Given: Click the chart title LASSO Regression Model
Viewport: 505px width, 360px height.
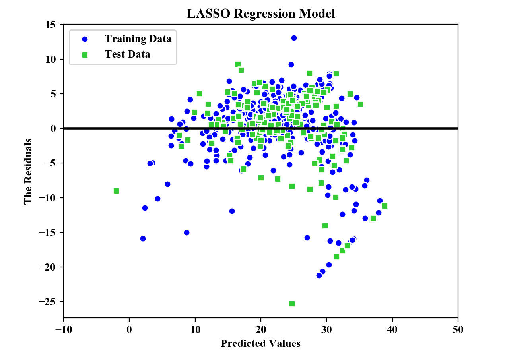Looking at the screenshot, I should click(x=261, y=14).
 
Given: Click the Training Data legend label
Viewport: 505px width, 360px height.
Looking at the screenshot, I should click(x=138, y=39).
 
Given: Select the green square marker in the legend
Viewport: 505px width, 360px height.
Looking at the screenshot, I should click(x=85, y=54).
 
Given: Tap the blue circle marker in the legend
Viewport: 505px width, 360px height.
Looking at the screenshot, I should click(x=85, y=39).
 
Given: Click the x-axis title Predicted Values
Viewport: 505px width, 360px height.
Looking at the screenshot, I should click(x=260, y=343).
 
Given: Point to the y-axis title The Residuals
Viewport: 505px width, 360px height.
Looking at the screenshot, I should click(x=28, y=172).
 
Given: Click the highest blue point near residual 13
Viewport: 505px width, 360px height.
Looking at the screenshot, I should click(x=294, y=38).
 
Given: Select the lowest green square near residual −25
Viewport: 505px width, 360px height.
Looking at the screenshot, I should click(x=292, y=304).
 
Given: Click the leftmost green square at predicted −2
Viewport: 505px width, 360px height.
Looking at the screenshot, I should click(x=116, y=191).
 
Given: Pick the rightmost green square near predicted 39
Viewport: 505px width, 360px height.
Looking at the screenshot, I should click(x=385, y=206).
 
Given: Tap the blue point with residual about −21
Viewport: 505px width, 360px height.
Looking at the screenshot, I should click(x=319, y=275).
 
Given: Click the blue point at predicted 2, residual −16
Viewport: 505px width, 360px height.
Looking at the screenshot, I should click(x=143, y=238).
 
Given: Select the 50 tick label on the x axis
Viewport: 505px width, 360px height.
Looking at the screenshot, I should click(x=458, y=329).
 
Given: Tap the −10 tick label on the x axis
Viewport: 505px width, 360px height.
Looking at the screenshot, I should click(x=63, y=329).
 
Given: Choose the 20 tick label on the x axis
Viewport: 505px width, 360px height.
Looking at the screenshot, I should click(x=261, y=329).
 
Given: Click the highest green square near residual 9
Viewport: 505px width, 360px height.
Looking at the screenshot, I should click(x=238, y=64).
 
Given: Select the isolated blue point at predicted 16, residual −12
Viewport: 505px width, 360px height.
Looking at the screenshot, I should click(x=232, y=211).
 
